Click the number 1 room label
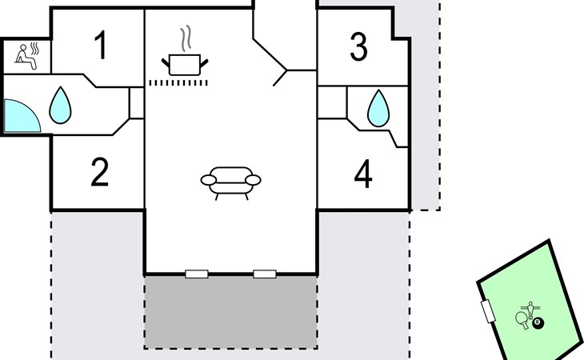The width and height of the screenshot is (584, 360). [x=101, y=45]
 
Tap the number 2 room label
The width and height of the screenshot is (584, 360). [x=100, y=172]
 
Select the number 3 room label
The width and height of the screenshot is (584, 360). [x=358, y=46]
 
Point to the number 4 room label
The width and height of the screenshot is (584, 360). [x=363, y=174]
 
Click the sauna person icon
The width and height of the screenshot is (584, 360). [x=27, y=56]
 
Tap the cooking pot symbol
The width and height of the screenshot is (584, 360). [x=185, y=65]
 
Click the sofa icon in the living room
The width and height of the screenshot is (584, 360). [x=231, y=183]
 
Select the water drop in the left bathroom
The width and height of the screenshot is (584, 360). [x=60, y=105]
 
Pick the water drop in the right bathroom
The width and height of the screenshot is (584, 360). [x=378, y=108]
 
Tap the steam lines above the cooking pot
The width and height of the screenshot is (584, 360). [x=186, y=38]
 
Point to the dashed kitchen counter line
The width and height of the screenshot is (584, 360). [x=178, y=83]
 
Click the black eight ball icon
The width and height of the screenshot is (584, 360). [x=538, y=322]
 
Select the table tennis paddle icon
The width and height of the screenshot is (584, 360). [x=522, y=320]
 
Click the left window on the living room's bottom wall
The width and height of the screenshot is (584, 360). [x=197, y=274]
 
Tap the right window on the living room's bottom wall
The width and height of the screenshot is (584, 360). [x=265, y=274]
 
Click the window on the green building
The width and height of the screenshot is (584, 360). [x=488, y=311]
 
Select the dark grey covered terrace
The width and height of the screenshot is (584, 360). [x=231, y=312]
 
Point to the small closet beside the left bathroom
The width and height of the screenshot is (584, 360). [x=137, y=103]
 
